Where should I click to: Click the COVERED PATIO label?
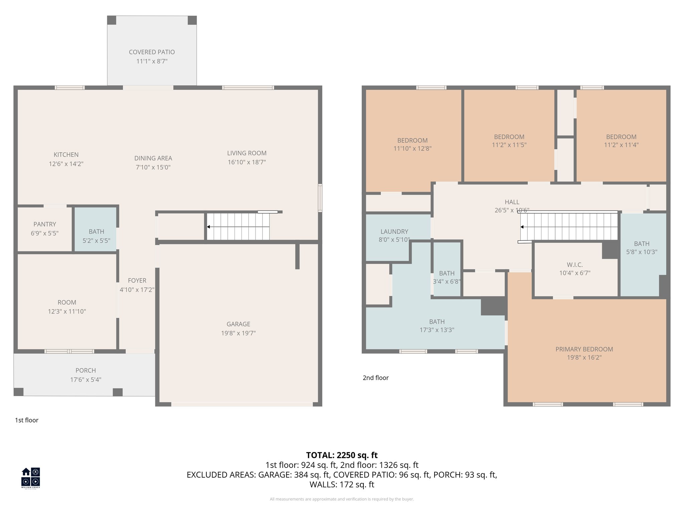pyautogui.click(x=152, y=52)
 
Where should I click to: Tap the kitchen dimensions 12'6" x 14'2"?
pyautogui.click(x=66, y=164)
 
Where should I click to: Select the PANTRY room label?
pyautogui.click(x=45, y=224)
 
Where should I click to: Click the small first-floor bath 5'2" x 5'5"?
pyautogui.click(x=96, y=236)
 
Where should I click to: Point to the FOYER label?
pyautogui.click(x=137, y=281)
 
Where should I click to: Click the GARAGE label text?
pyautogui.click(x=238, y=324)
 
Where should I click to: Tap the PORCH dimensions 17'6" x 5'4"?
pyautogui.click(x=85, y=380)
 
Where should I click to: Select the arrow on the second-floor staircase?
pyautogui.click(x=522, y=227)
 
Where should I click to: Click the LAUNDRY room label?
pyautogui.click(x=394, y=231)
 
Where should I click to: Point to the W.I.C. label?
pyautogui.click(x=574, y=265)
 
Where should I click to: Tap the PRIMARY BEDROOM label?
pyautogui.click(x=584, y=349)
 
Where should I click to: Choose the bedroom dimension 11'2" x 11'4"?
pyautogui.click(x=621, y=145)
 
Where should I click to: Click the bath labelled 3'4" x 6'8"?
pyautogui.click(x=447, y=278)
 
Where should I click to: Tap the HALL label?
pyautogui.click(x=512, y=202)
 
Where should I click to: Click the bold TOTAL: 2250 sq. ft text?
pyautogui.click(x=342, y=455)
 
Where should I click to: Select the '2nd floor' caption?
pyautogui.click(x=375, y=378)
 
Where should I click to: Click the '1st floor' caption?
pyautogui.click(x=26, y=420)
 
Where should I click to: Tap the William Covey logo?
pyautogui.click(x=31, y=478)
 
